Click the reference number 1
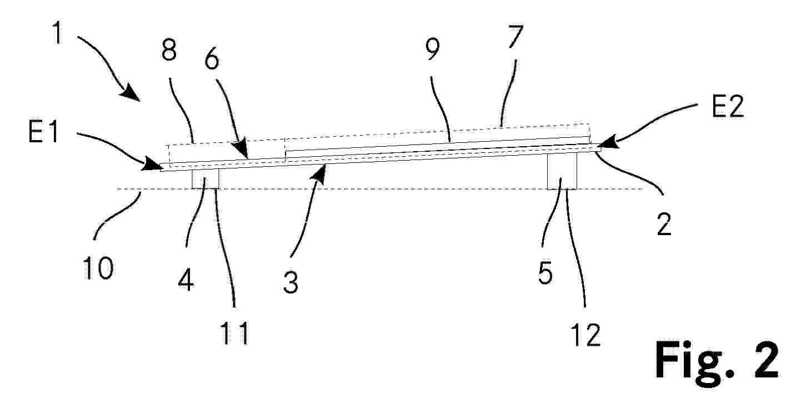58,32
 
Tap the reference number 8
169,50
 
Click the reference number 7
515,36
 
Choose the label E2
728,107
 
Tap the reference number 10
98,268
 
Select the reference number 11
234,333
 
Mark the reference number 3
291,282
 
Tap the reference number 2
664,224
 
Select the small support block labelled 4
206,178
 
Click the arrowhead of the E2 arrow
607,143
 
